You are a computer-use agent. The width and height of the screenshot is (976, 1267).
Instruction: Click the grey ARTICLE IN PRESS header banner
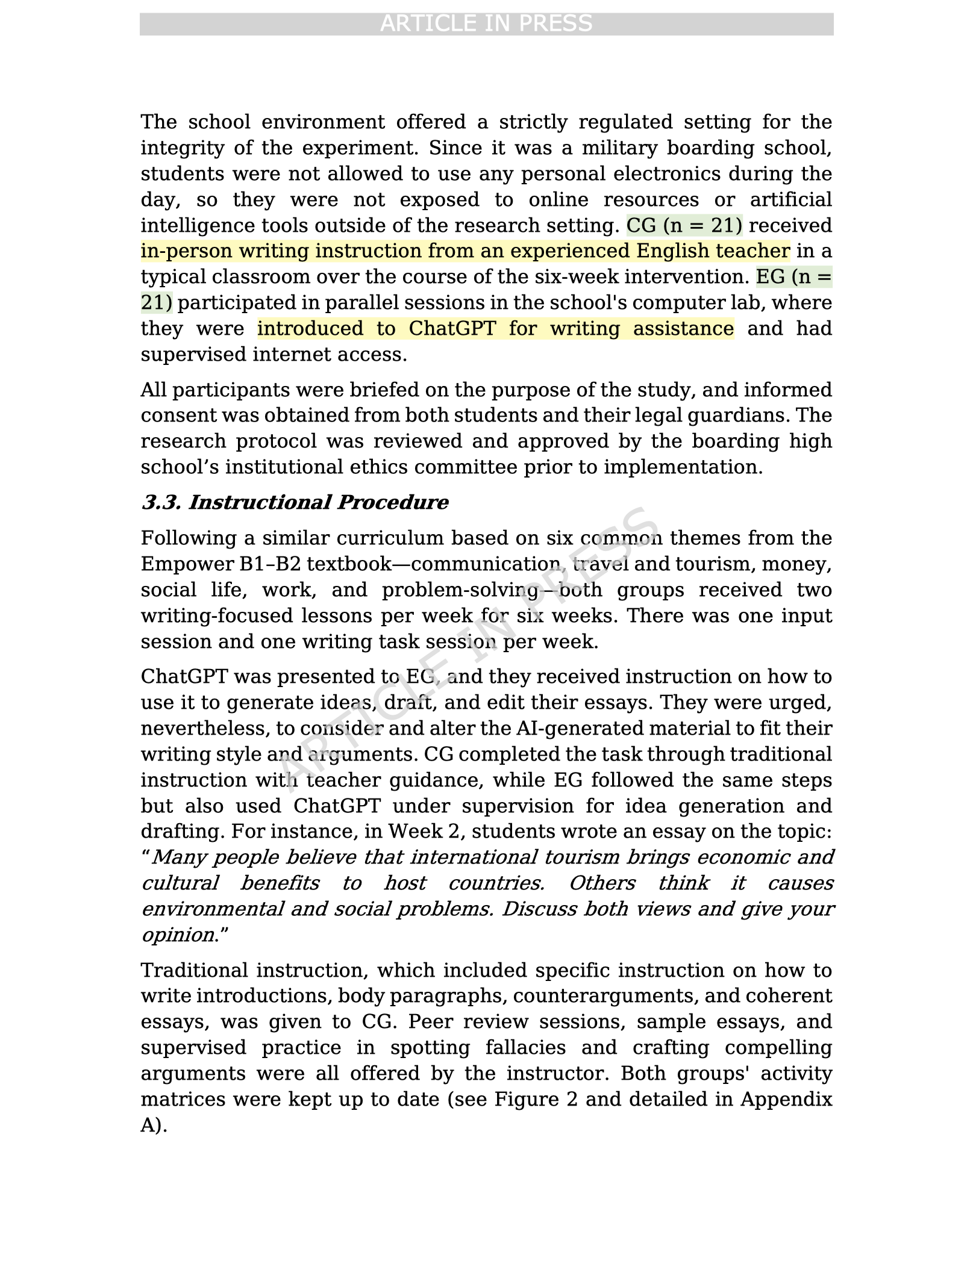[486, 23]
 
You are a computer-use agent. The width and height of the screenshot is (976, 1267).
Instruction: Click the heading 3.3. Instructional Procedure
[295, 502]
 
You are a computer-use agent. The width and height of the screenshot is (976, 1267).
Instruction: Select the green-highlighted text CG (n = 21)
[684, 225]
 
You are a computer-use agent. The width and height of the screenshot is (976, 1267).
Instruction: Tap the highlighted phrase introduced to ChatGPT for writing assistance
[495, 329]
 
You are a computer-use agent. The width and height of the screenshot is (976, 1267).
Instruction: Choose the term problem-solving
[460, 590]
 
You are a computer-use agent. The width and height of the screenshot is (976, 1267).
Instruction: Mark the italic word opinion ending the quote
[178, 935]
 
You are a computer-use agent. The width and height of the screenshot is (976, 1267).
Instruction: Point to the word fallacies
[525, 1048]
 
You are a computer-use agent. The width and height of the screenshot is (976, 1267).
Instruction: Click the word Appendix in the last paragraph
[786, 1100]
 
